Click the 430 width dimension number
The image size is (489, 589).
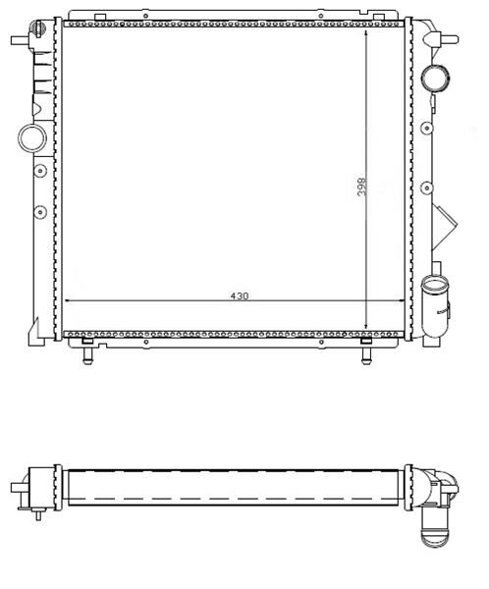pyautogui.click(x=238, y=293)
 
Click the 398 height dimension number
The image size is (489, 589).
pyautogui.click(x=360, y=187)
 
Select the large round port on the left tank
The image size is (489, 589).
pyautogui.click(x=32, y=137)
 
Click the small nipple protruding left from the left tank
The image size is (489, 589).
pyautogui.click(x=19, y=40)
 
